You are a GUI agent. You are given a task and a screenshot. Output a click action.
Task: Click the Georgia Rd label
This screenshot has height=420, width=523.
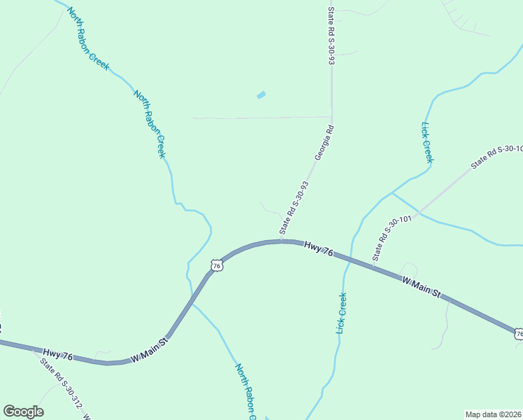click(x=325, y=143)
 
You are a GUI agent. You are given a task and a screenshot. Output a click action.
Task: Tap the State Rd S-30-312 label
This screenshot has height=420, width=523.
click(x=61, y=384)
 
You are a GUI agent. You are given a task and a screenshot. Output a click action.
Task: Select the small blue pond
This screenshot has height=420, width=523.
click(x=261, y=94)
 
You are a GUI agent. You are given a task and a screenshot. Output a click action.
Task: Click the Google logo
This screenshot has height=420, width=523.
click(x=23, y=412)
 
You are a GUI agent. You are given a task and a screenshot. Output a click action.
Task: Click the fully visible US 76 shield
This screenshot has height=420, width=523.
click(x=217, y=266)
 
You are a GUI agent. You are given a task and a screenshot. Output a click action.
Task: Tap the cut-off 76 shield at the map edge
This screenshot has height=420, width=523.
click(x=518, y=335)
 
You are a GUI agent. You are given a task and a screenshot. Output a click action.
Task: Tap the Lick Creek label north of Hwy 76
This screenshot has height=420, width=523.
click(x=427, y=143)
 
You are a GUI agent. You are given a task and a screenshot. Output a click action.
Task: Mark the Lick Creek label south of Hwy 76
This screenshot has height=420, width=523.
click(x=342, y=312)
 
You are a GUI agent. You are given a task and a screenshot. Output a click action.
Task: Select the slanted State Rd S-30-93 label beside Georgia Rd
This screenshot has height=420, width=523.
click(x=294, y=208)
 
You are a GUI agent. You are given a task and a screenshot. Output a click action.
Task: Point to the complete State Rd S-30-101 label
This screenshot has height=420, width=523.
click(x=394, y=238)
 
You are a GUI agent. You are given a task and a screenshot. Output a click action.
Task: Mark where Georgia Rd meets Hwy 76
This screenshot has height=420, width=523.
click(x=282, y=241)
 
